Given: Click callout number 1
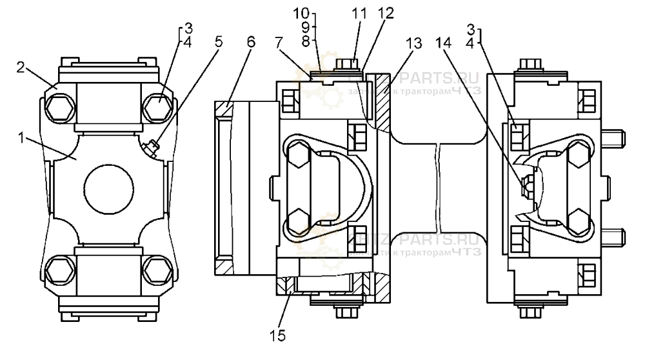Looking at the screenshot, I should tap(23, 137).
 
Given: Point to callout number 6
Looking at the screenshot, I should tap(251, 42).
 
